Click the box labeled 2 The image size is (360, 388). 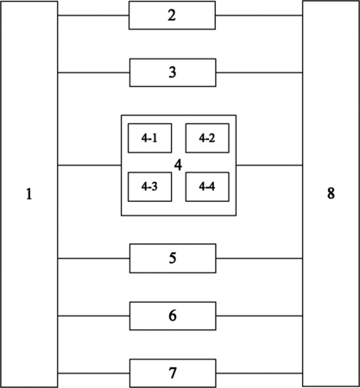coord(172,16)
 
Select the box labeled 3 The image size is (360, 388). coord(173,72)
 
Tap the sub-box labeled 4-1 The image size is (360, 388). coord(149,138)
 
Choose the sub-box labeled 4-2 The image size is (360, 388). coord(207,138)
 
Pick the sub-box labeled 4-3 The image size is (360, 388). coord(149,187)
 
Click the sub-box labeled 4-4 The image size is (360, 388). coord(207,187)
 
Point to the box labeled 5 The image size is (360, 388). coord(173,258)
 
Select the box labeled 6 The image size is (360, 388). coord(173,316)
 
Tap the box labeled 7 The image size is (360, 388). coord(173,373)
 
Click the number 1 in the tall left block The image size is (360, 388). coord(28,194)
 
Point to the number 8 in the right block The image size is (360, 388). coord(331,193)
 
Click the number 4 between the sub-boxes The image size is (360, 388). coord(178,166)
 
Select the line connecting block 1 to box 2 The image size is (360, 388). coord(93,16)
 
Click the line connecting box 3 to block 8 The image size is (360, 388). coord(259,72)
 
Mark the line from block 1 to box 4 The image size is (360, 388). coord(89,166)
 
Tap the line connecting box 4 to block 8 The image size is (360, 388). coord(269,166)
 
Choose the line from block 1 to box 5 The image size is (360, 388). coord(93,259)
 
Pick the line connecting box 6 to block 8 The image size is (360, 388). coord(259,316)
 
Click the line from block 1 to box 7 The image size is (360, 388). coord(93,373)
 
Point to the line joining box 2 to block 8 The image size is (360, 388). coord(259,16)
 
